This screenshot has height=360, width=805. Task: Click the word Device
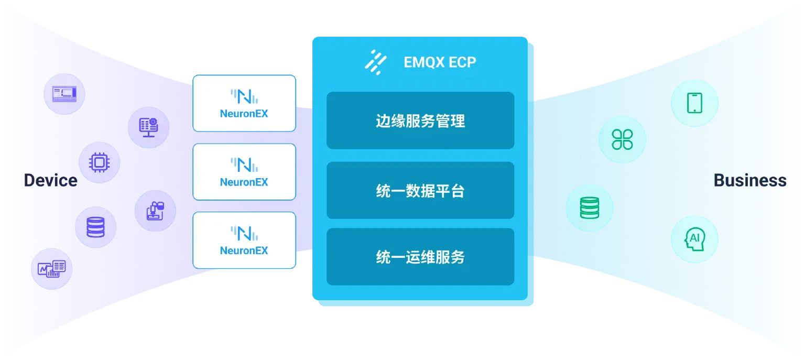tap(50, 180)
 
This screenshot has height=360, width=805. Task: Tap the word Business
tap(749, 180)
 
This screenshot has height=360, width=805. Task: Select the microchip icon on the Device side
tap(99, 162)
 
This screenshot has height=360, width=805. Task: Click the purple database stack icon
tap(95, 227)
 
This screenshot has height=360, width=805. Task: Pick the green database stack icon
tap(589, 208)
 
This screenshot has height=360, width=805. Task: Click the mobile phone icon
tap(694, 102)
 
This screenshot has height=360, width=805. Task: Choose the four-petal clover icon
tap(622, 139)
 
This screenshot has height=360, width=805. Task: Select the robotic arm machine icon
tap(155, 211)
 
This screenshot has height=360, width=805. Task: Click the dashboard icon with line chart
tap(51, 269)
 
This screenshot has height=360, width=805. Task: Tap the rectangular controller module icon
tap(64, 94)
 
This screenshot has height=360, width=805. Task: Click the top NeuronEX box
tap(244, 103)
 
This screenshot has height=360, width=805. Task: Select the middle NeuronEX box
tap(244, 172)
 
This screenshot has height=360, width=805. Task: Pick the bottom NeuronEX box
tap(244, 241)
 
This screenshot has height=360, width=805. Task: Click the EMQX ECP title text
tap(440, 62)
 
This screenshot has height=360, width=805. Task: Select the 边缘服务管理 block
tap(420, 121)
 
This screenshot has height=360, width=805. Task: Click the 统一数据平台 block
tap(420, 191)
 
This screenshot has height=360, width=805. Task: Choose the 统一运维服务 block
tap(420, 257)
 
